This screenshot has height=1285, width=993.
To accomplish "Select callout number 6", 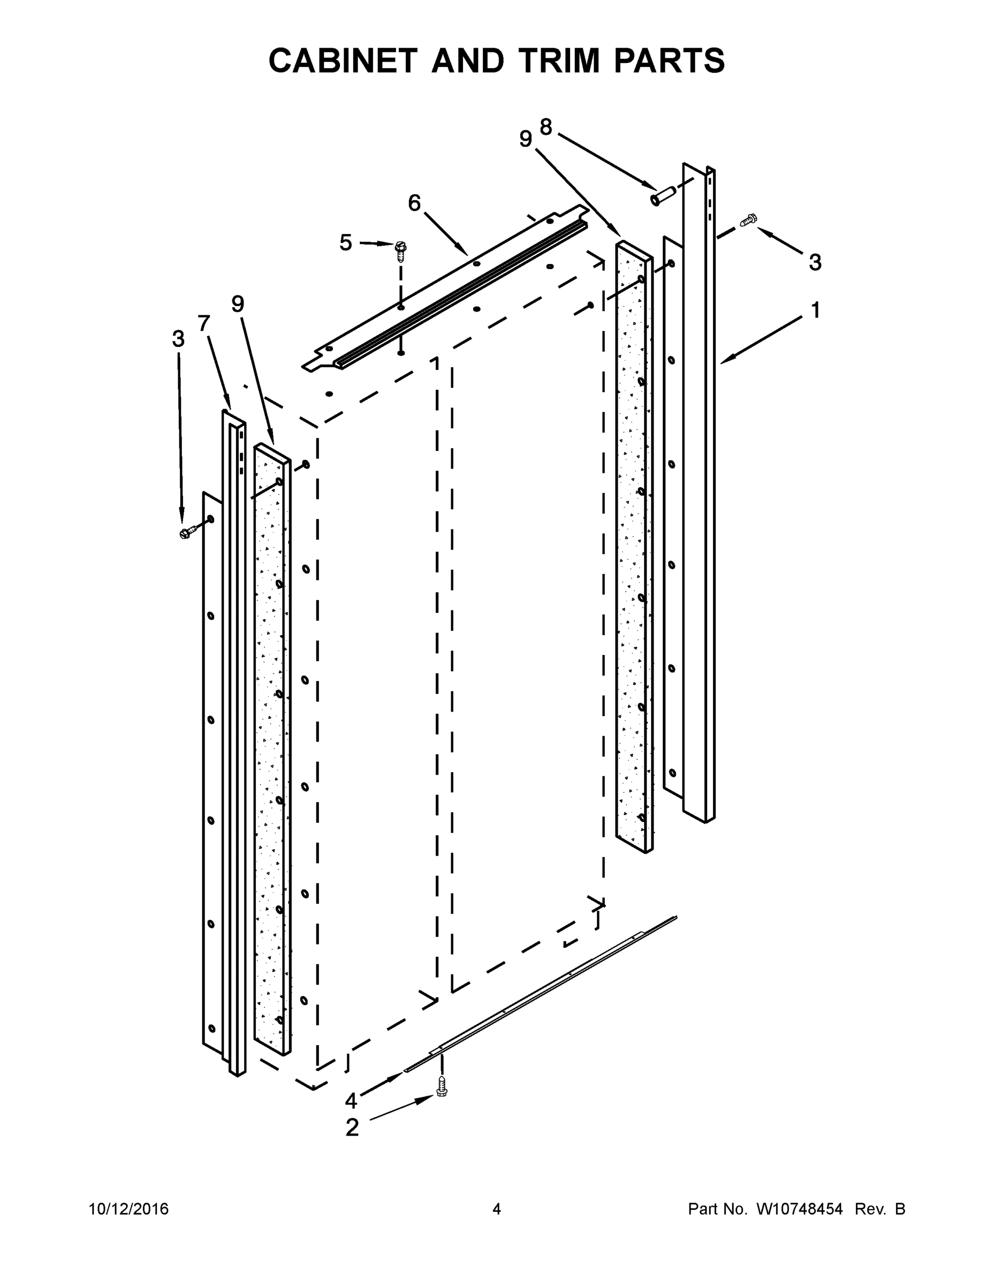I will pos(414,203).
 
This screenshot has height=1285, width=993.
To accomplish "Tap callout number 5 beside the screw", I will pos(346,243).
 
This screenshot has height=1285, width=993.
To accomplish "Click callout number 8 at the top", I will pos(546,126).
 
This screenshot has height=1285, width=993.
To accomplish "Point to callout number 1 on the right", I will pos(815,310).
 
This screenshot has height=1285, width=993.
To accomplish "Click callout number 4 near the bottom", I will pos(351,1101).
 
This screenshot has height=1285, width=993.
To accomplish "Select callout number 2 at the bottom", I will pos(352,1128).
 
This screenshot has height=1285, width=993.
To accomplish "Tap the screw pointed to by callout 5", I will pos(401,251).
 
